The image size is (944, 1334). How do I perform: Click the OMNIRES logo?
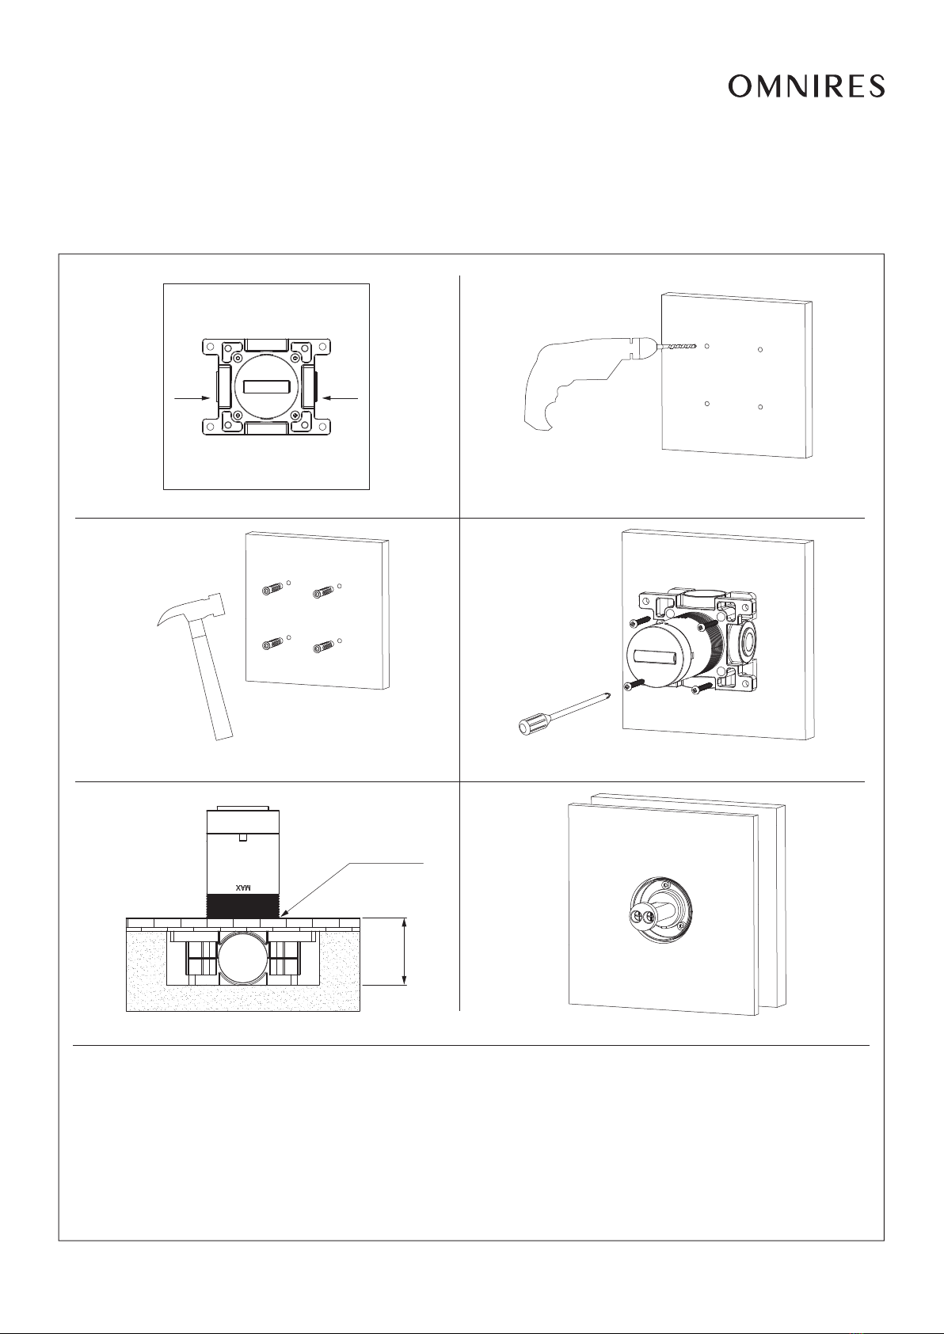tap(806, 86)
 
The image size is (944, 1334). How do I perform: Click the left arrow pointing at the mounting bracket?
tap(192, 398)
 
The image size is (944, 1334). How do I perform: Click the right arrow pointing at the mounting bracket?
tap(340, 398)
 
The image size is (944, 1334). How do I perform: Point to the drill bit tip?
tap(695, 345)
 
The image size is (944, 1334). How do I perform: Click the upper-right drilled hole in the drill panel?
tap(760, 350)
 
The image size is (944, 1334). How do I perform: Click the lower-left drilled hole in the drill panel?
tap(707, 404)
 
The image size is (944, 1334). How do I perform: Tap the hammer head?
tap(192, 610)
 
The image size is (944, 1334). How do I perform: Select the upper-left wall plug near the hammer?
tap(272, 589)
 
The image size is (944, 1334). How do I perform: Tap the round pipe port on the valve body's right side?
tap(747, 642)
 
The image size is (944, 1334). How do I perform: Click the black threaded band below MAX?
tap(242, 905)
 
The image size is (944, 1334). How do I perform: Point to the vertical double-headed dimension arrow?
tap(405, 952)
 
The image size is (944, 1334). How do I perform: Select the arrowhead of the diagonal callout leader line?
tap(285, 913)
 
